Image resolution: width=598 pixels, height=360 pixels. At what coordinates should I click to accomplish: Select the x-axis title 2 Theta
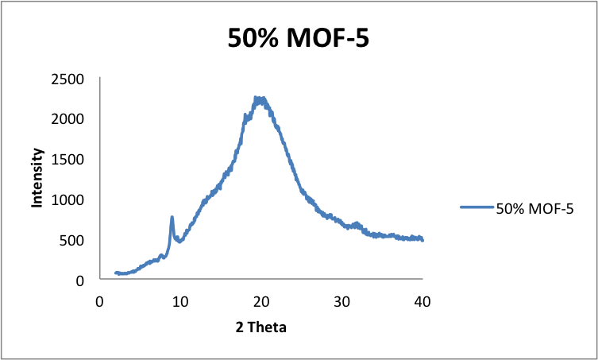[260, 326]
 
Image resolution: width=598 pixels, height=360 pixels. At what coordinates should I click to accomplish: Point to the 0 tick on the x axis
[99, 301]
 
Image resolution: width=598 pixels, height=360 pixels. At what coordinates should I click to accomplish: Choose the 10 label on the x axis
[180, 301]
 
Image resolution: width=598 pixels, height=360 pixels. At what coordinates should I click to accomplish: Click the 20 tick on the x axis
[261, 301]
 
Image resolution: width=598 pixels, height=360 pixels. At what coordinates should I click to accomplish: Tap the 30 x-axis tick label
[341, 301]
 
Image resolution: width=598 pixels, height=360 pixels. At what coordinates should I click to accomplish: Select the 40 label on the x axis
[422, 301]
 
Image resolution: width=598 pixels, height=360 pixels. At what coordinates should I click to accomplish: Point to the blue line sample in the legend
[476, 208]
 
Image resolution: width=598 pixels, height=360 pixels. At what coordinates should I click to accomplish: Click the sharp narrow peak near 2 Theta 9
[172, 217]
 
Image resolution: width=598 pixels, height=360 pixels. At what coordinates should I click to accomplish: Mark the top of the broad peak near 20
[258, 99]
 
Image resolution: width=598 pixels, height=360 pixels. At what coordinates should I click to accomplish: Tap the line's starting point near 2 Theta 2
[116, 273]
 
